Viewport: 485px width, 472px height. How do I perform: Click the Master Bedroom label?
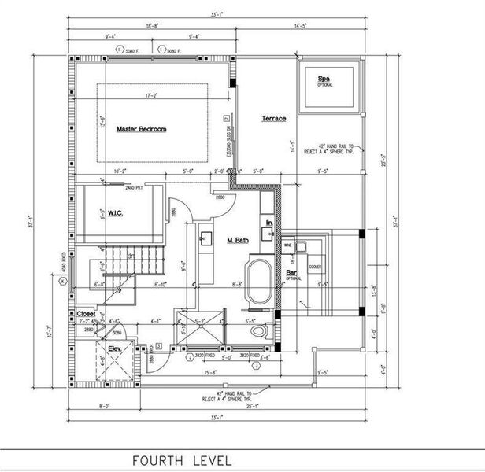141,128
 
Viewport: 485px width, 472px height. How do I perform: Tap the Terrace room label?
273,119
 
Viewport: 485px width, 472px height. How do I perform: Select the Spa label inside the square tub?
323,79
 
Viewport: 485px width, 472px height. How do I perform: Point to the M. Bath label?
239,242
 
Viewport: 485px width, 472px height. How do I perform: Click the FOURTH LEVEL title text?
181,459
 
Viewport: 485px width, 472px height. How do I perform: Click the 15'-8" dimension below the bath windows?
209,372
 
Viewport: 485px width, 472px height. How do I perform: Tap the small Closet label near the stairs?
85,313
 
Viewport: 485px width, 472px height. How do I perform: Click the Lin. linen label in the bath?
269,223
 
